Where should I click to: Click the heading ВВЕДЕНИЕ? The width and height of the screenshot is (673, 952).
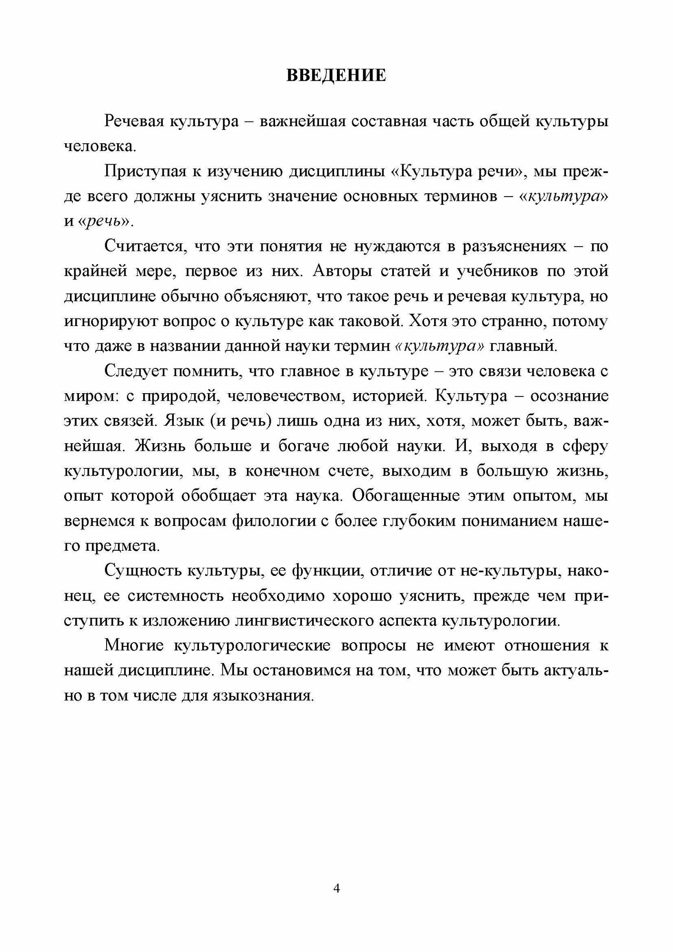tap(336, 76)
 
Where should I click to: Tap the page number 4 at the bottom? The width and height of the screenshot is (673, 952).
tap(336, 888)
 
